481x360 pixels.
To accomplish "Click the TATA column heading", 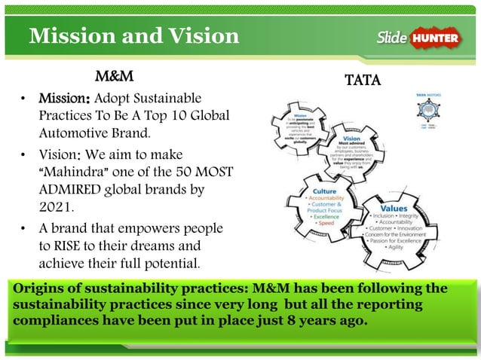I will (362, 80).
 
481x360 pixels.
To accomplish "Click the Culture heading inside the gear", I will (325, 192).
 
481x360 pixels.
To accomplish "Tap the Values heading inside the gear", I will (394, 208).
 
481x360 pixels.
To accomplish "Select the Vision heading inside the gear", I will (351, 139).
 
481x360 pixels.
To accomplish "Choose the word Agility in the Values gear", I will (394, 247).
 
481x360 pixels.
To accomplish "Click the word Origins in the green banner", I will (38, 289).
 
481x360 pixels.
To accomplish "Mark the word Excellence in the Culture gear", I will (326, 216).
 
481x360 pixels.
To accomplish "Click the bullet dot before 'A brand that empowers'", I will (24, 228).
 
